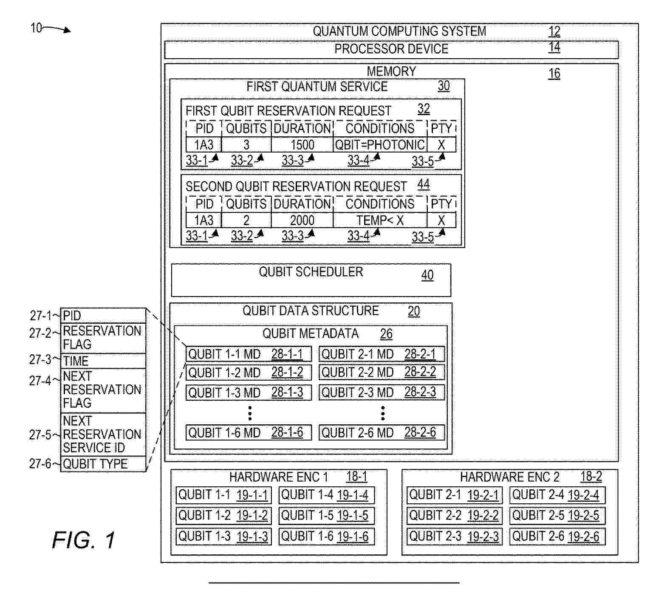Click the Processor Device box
pos(391,49)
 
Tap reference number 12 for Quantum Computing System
pos(554,31)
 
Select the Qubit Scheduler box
pos(311,280)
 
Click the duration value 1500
pos(302,145)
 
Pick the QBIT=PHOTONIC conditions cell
pos(380,145)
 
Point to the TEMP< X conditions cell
pos(380,220)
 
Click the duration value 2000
pos(302,220)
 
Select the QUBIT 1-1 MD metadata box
pos(249,354)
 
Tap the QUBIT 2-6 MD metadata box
pos(382,432)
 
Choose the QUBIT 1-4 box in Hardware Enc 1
pos(326,495)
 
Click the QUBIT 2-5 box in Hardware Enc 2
pos(557,516)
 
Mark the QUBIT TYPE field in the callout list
pos(103,464)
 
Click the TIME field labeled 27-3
pos(103,361)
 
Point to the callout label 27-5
pos(40,435)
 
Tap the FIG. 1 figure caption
pos(84,540)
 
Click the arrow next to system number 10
pos(57,29)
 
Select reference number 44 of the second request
pos(424,184)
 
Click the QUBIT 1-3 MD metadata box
pos(249,393)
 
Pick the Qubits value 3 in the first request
pos(246,145)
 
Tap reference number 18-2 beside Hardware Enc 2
pos(591,477)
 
